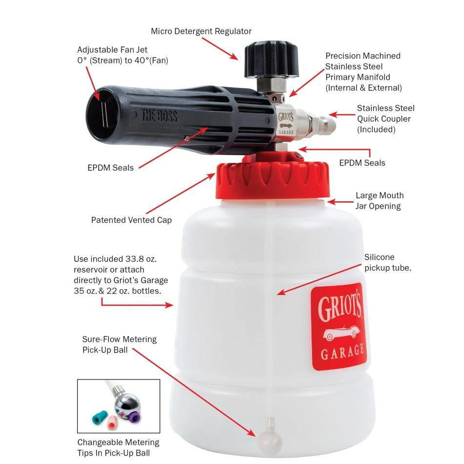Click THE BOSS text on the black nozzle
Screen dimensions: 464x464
159,116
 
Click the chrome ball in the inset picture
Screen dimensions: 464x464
127,403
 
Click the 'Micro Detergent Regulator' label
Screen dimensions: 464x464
201,31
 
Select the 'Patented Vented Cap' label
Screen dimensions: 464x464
131,220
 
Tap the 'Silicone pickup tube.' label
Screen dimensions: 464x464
387,262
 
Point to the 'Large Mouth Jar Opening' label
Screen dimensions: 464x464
380,201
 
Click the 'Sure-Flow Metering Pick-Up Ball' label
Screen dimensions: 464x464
119,344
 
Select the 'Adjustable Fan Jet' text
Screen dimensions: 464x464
112,50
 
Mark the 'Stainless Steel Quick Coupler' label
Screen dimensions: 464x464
385,119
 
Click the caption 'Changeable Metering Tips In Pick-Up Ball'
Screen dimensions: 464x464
118,447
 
